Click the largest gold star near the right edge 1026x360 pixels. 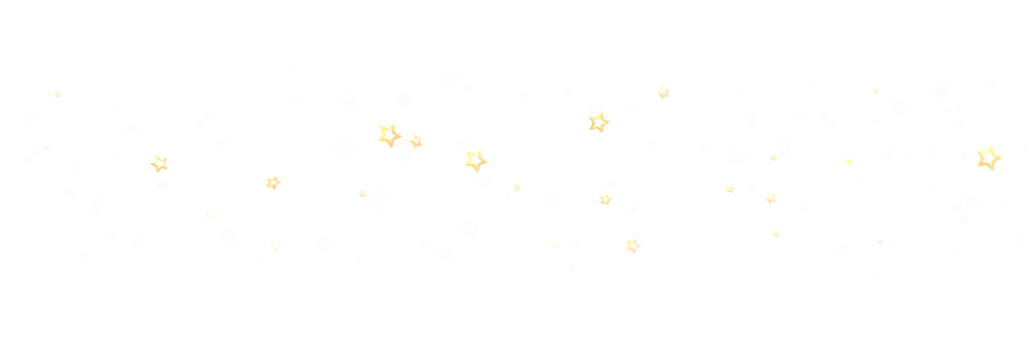(988, 157)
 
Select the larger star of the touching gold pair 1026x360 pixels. (389, 133)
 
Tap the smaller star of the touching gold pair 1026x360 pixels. (416, 140)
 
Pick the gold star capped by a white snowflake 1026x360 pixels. (598, 123)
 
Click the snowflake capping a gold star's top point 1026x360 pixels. (594, 109)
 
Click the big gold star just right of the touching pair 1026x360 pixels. (473, 160)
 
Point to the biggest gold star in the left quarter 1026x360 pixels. (159, 163)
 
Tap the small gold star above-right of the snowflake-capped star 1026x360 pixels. (663, 92)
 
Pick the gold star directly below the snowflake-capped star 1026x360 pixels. (605, 199)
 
